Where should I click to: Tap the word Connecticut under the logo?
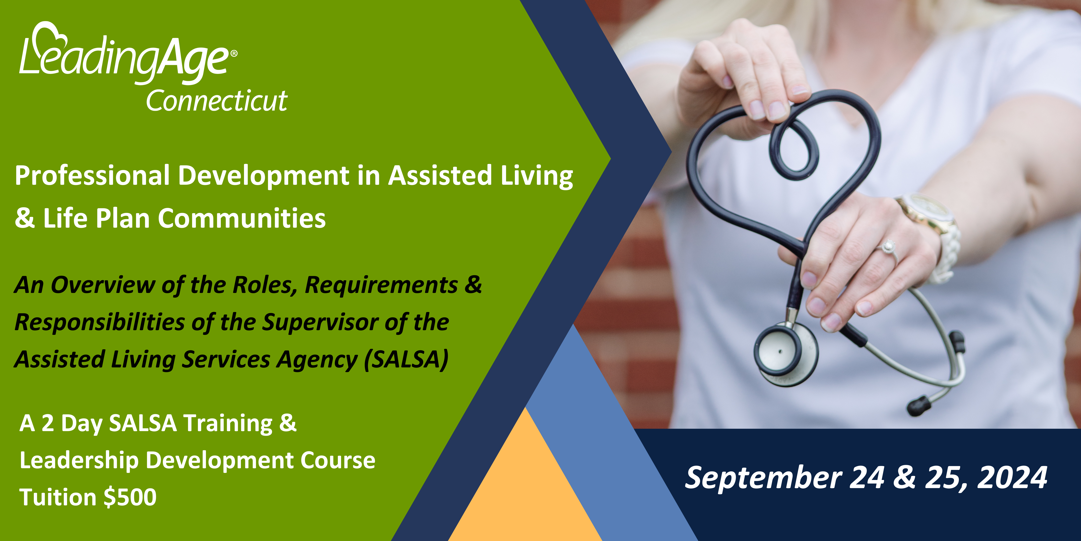pos(217,101)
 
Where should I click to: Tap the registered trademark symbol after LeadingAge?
pos(234,53)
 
